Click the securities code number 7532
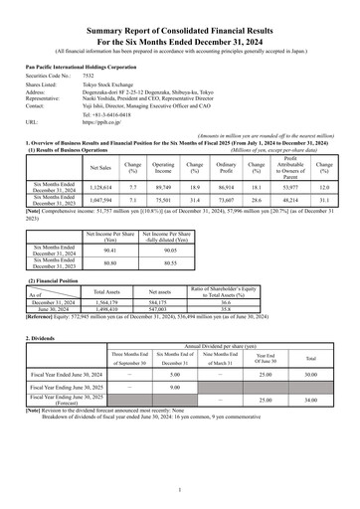(x=88, y=75)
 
